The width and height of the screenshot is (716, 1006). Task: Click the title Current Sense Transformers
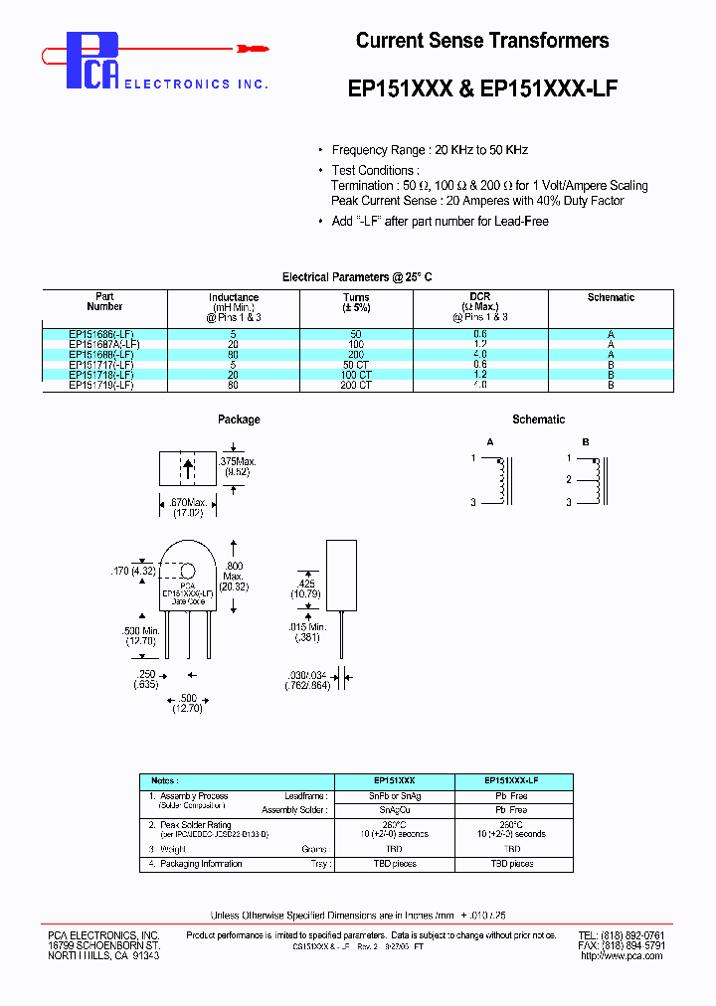pos(482,41)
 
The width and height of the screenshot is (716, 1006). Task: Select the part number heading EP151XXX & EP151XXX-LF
pos(482,87)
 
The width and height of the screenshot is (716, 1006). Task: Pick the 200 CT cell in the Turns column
pos(356,384)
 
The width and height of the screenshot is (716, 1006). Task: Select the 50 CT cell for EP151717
pos(356,365)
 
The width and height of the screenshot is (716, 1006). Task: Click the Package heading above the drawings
pos(239,419)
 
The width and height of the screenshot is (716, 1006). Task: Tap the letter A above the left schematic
pos(489,441)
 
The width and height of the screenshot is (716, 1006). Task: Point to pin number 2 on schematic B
pos(568,480)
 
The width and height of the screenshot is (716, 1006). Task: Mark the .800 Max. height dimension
pos(234,576)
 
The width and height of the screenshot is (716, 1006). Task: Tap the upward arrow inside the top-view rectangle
pos(188,468)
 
